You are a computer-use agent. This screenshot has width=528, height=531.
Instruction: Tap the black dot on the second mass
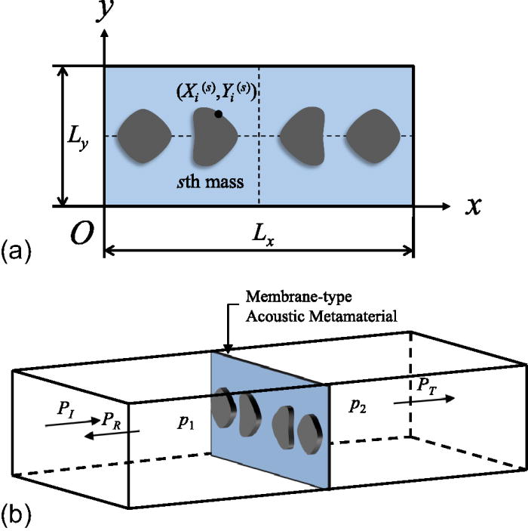(x=218, y=114)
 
